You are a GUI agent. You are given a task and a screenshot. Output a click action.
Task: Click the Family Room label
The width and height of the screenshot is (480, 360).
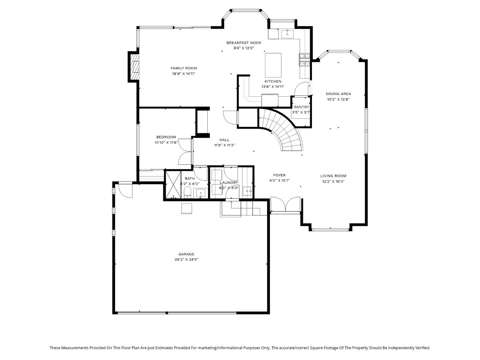click(184, 68)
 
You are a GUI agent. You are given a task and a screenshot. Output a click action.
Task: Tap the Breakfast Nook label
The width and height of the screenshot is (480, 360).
click(244, 43)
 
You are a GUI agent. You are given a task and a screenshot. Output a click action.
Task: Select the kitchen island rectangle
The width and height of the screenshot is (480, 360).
click(273, 65)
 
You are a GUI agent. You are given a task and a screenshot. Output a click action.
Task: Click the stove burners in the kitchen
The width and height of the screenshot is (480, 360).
click(304, 60)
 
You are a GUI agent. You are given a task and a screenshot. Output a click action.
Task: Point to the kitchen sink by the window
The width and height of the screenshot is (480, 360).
click(287, 34)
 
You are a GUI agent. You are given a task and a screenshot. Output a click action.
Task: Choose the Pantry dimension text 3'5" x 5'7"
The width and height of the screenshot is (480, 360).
click(301, 112)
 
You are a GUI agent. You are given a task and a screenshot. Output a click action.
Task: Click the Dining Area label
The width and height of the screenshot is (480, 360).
click(338, 94)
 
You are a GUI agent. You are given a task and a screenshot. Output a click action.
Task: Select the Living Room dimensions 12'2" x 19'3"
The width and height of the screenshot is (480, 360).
click(333, 181)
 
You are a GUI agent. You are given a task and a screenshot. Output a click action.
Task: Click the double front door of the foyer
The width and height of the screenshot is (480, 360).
click(285, 204)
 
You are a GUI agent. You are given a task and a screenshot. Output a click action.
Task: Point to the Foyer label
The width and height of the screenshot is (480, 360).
click(279, 175)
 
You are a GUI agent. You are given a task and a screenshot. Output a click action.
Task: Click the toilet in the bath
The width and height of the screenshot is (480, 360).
click(187, 192)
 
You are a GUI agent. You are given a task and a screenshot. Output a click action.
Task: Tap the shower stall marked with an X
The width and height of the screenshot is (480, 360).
click(173, 185)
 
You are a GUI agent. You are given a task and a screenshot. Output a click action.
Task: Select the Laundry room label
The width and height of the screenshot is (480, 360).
click(229, 183)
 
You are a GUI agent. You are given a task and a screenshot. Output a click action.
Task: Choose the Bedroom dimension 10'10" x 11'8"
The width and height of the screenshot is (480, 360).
click(166, 142)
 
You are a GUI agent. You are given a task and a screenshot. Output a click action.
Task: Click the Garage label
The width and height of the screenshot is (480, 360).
click(186, 254)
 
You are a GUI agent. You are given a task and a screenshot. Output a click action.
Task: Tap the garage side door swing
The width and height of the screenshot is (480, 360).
click(126, 190)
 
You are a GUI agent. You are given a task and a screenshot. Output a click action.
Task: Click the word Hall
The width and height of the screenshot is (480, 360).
click(224, 140)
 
